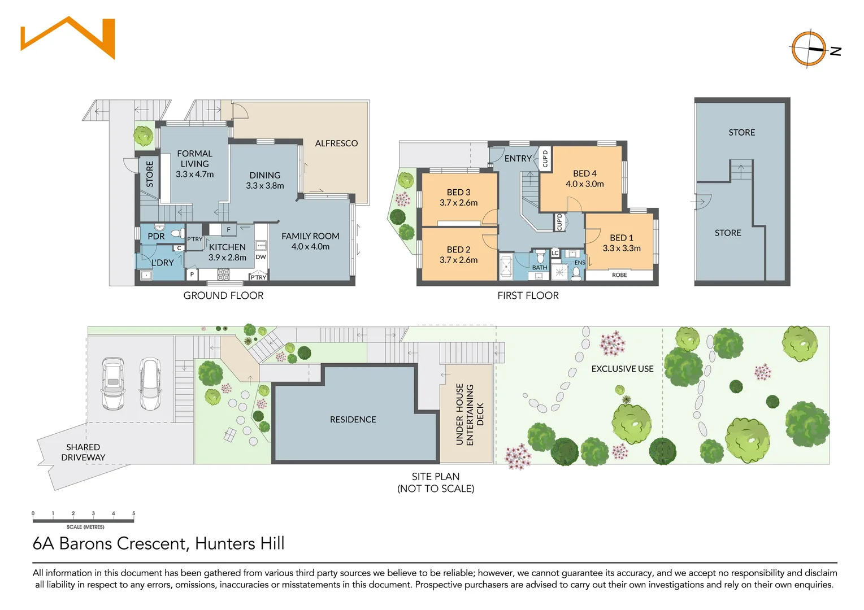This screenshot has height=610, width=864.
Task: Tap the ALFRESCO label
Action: coord(336,143)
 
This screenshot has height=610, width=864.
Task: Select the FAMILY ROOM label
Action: coord(310,236)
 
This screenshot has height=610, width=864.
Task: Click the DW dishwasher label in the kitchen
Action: coord(260,257)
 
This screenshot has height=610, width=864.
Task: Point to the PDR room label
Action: coord(156,236)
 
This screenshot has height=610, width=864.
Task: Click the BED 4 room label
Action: coord(584,173)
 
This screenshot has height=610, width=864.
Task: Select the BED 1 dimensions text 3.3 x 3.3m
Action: coord(622,249)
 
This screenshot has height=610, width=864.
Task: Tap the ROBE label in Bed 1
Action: coord(619,275)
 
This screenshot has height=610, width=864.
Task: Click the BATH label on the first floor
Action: coord(540,268)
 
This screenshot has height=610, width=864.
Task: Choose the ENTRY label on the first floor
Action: coord(518,159)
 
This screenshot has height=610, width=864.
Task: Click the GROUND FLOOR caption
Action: coord(223,295)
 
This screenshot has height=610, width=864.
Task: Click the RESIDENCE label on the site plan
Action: coord(353,420)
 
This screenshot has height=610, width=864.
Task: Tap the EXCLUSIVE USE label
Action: coord(622,369)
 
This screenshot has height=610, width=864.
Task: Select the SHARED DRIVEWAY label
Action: coord(83,452)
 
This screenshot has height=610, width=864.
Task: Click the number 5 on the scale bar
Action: coord(134,513)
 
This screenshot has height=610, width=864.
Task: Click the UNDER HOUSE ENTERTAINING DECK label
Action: coord(470,415)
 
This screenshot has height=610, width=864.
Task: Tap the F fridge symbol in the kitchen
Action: coord(228,230)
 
